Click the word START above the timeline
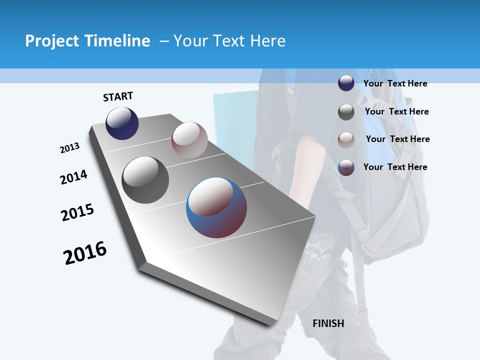tap(118, 96)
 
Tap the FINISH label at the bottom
tap(328, 323)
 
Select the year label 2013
tap(70, 148)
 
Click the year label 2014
tap(74, 177)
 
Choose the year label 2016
tap(85, 253)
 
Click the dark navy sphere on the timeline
tap(122, 123)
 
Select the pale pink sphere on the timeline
tap(189, 139)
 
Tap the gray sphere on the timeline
tap(145, 180)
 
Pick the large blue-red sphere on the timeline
tap(216, 207)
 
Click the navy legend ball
tap(346, 83)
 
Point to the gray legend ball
tap(346, 112)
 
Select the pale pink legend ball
tap(346, 140)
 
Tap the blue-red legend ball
tap(346, 167)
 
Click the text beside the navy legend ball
tap(395, 83)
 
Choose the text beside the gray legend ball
tap(396, 111)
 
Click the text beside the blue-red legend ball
tap(395, 167)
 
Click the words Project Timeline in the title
tap(87, 41)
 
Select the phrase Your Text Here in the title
tap(229, 41)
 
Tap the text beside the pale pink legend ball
tap(397, 139)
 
